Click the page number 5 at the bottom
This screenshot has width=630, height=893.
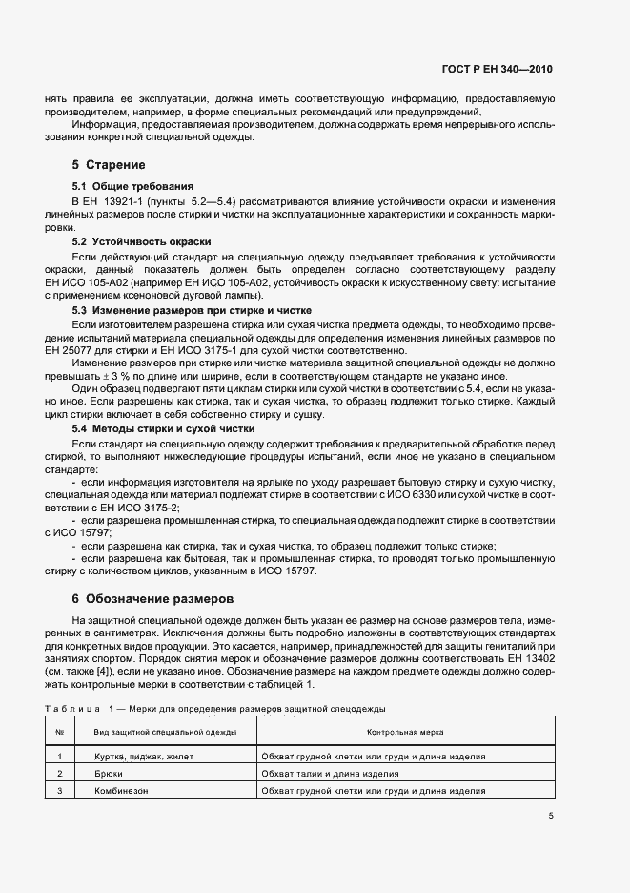[551, 815]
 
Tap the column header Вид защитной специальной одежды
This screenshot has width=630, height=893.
[164, 732]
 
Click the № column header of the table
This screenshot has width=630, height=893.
[60, 732]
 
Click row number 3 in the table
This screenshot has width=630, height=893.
[60, 791]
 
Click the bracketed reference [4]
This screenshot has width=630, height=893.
[126, 672]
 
